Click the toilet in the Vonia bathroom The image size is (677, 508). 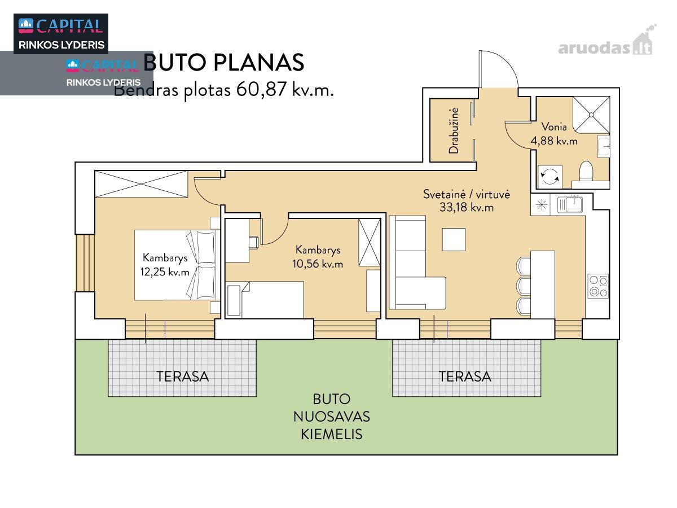pos(586,170)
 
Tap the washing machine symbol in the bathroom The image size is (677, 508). pos(549,176)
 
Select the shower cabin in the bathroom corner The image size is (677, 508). pos(591,115)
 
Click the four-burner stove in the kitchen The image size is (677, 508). pos(597,286)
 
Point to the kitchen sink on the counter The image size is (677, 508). pos(570,204)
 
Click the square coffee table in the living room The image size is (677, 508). pos(454,239)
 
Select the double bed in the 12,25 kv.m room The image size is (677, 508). pos(175,265)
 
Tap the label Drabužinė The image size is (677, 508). pos(454,131)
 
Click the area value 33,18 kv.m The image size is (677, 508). pos(467,207)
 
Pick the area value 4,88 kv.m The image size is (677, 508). pos(554,141)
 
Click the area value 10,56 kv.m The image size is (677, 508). pos(318,264)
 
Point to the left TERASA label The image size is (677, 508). pos(183,376)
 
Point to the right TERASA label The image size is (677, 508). pos(465,376)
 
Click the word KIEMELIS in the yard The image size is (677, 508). pos(332,434)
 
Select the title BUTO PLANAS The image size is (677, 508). pos(224,63)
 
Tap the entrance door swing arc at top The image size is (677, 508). pos(507,62)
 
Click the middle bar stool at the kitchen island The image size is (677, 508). pos(524,286)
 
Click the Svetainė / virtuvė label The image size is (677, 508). pos(467,194)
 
